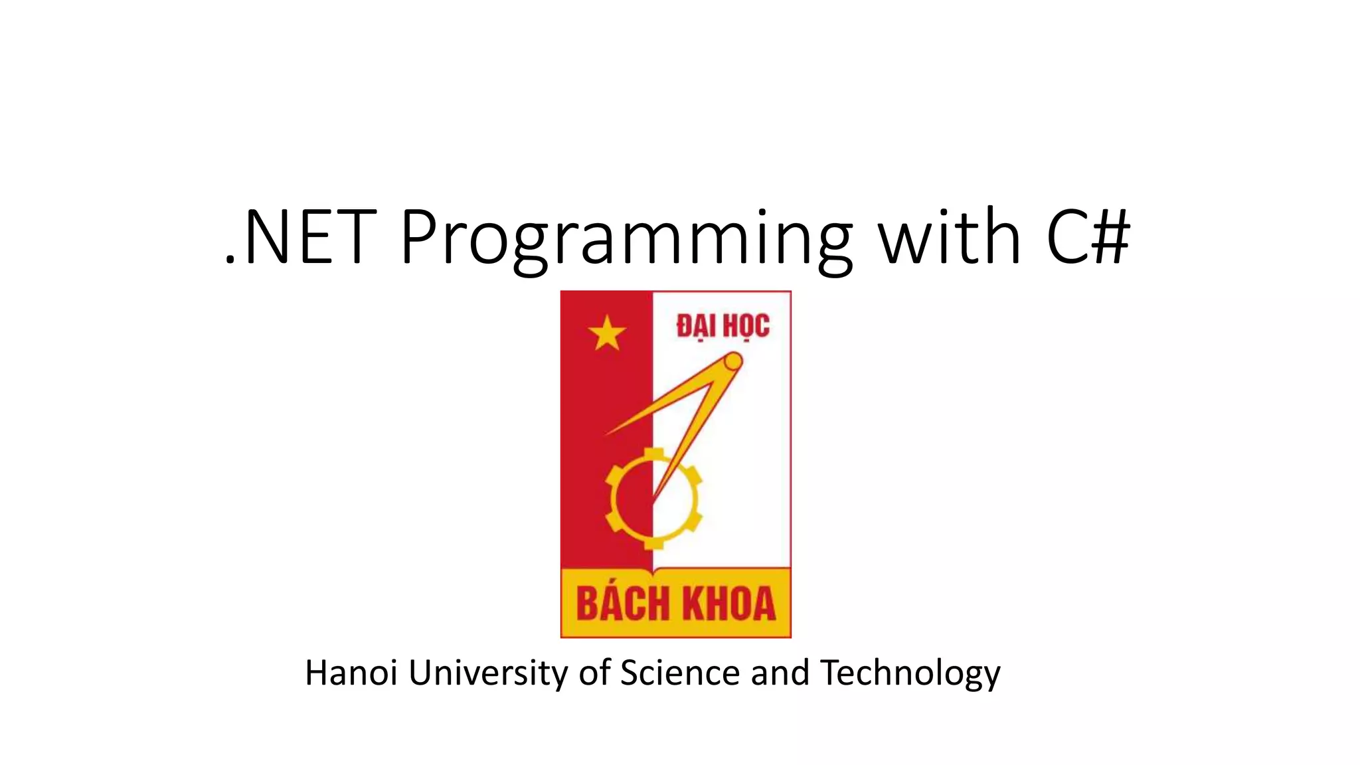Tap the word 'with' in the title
[950, 238]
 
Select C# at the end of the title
[1088, 238]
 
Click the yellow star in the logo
[607, 333]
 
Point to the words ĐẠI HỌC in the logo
[722, 327]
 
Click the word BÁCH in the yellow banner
[623, 604]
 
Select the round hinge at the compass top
[732, 362]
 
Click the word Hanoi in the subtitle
[351, 673]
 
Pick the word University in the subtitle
[488, 673]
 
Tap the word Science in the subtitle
[679, 673]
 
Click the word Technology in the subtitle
[910, 673]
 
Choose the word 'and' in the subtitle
[780, 673]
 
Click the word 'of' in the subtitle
[594, 673]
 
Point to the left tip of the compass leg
[608, 434]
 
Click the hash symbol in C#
[1110, 238]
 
